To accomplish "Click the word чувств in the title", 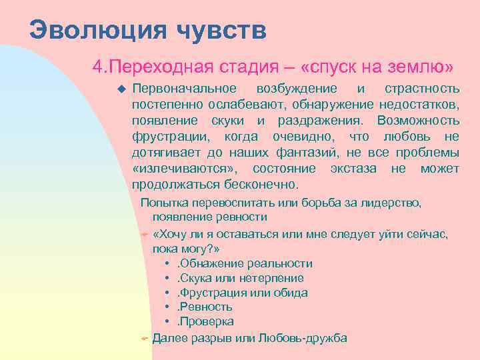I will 222,30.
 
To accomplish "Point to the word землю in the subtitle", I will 415,67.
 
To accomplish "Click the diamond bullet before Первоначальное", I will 121,89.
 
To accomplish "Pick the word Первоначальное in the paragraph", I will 184,89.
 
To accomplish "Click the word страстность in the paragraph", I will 422,89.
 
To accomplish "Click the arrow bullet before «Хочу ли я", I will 144,235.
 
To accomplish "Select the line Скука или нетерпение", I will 241,278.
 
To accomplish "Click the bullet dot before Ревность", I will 165,307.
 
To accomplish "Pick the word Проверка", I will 207,321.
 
